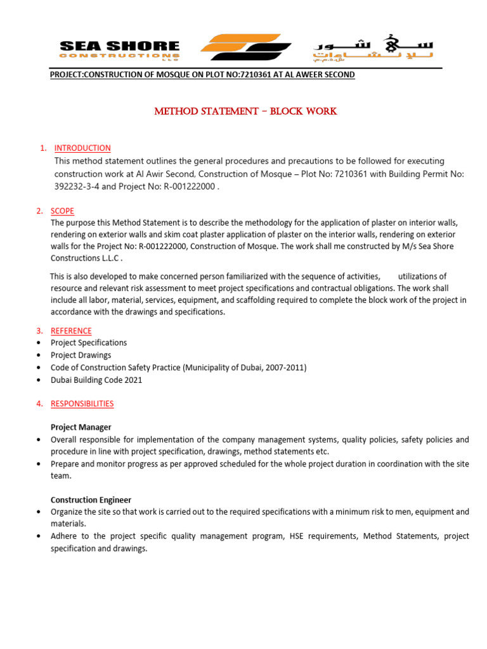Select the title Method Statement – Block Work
246,112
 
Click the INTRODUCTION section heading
82,148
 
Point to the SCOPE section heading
62,211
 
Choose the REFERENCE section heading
71,331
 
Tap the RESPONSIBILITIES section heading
82,403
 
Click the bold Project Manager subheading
81,427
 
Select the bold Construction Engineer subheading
91,500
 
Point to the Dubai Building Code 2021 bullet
96,380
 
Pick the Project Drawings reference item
81,355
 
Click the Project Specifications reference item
89,343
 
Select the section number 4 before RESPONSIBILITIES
39,403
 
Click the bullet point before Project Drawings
39,355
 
